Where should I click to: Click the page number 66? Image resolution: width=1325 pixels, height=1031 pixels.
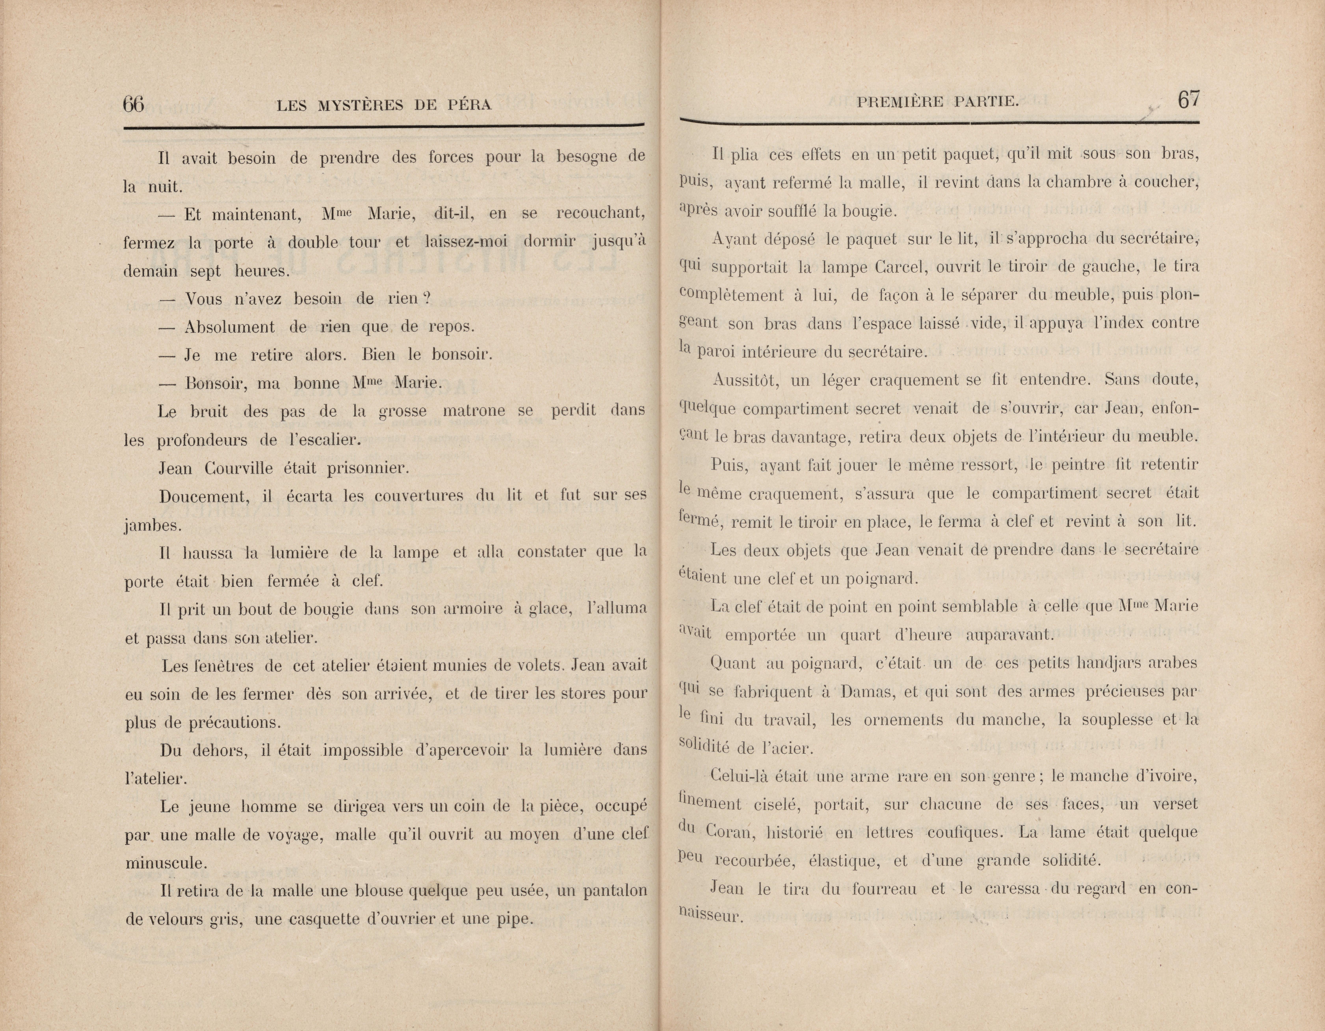(134, 104)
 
